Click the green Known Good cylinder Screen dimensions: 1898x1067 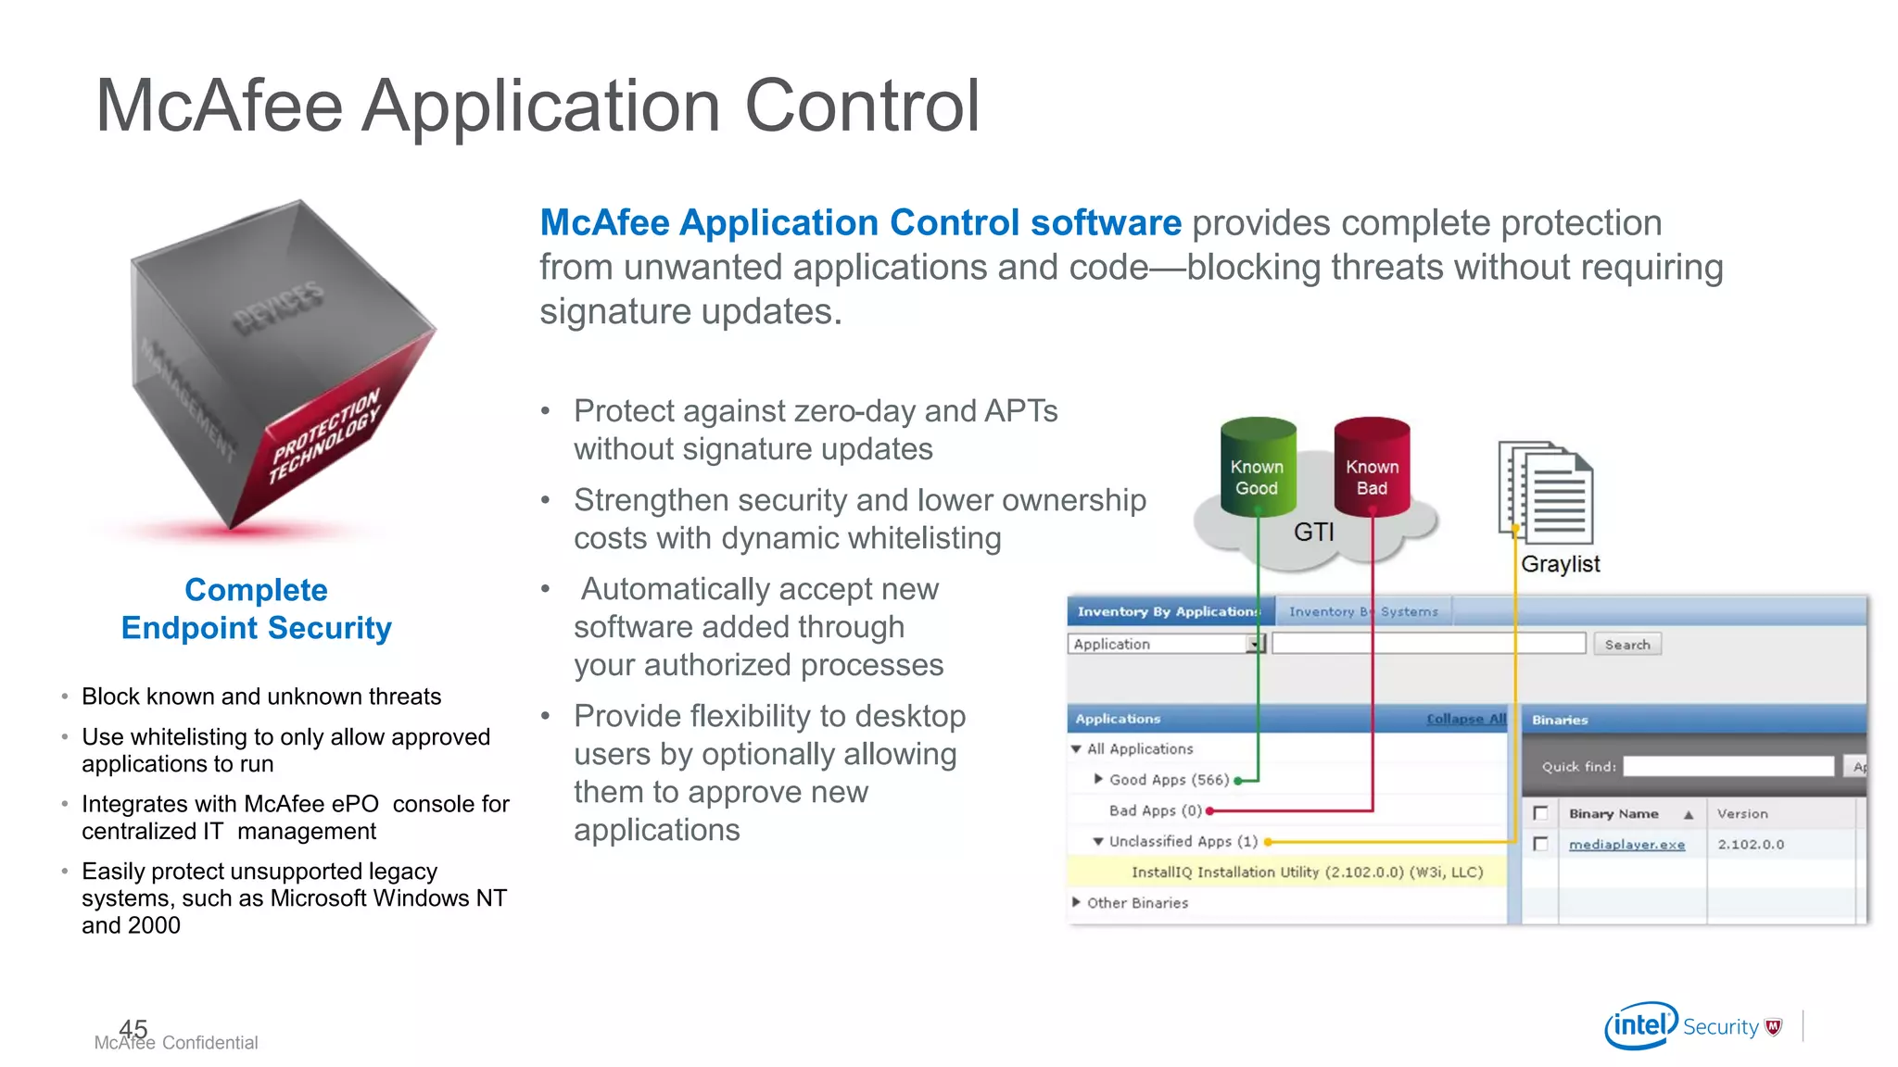point(1257,470)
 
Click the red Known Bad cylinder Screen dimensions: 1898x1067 point(1372,470)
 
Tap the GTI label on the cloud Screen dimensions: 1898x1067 point(1313,533)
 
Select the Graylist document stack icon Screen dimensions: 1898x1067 point(1546,493)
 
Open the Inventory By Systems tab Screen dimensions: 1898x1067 point(1362,612)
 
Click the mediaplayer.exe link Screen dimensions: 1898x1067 point(1626,845)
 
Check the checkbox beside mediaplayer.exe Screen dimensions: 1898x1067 point(1540,844)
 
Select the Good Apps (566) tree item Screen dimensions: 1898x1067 point(1168,780)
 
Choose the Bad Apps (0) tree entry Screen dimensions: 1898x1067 point(1155,810)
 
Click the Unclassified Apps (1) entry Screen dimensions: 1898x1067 point(1183,841)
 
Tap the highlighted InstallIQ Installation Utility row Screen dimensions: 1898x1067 point(1306,872)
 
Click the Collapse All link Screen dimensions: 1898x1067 point(1466,719)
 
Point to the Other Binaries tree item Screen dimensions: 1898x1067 point(1136,903)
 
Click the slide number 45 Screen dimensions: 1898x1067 point(133,1028)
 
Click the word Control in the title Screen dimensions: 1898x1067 point(861,106)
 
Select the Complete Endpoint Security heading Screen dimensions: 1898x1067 point(257,609)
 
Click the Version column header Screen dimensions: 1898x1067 point(1741,814)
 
